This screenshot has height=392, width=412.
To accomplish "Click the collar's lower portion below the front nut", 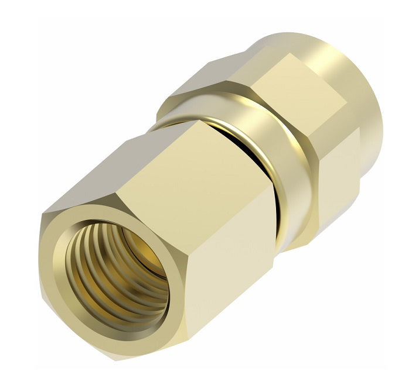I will point(293,234).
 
